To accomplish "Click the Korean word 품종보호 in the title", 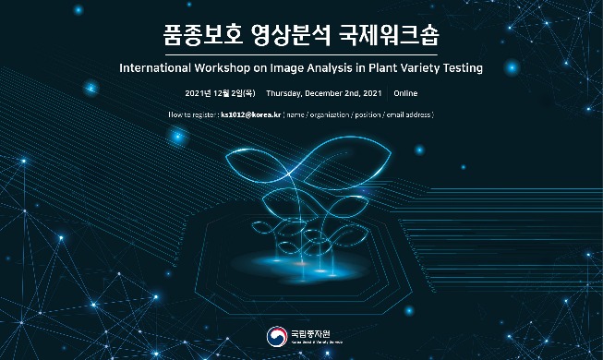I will [199, 36].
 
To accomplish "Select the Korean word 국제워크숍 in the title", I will [404, 36].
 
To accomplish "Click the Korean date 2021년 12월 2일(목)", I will [220, 94].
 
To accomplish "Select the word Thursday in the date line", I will [285, 94].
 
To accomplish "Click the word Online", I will [405, 94].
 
